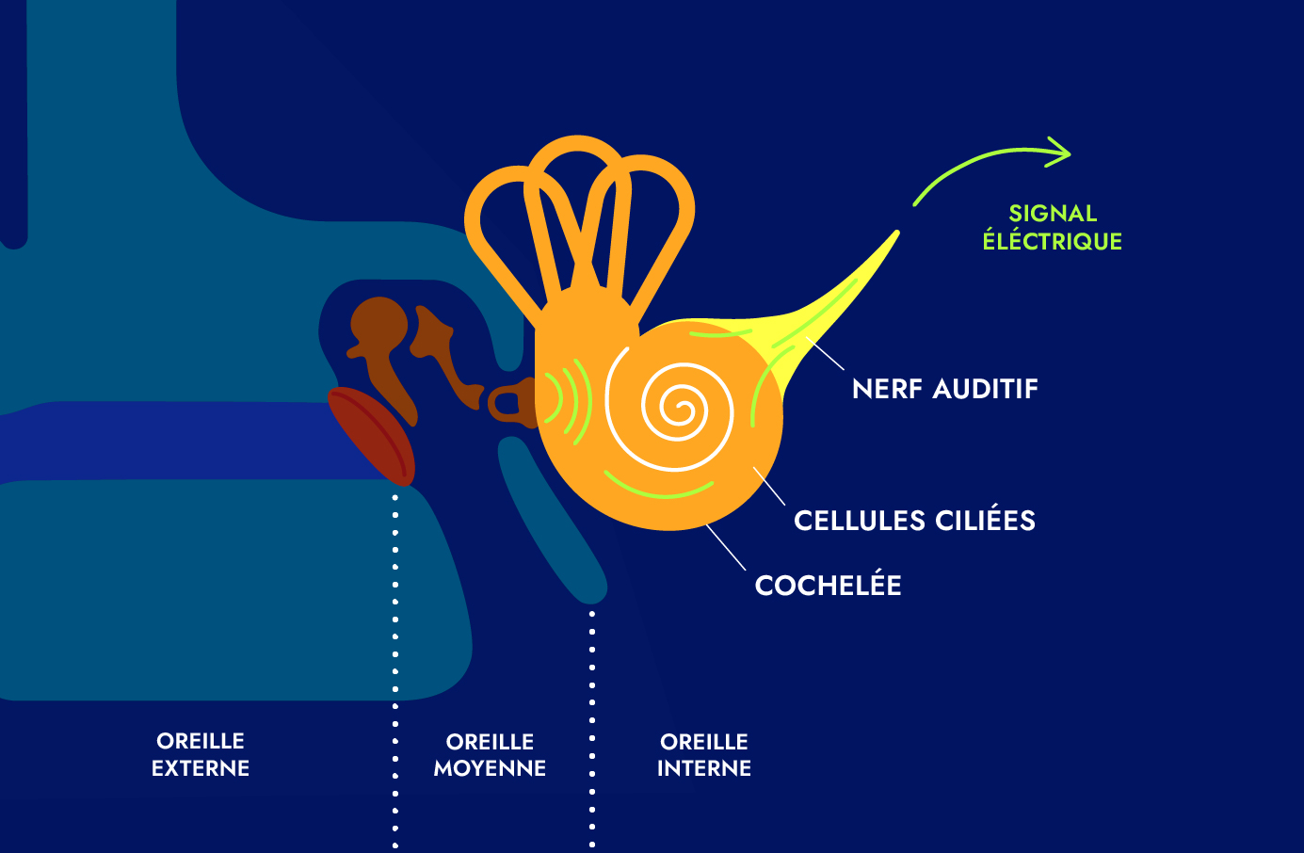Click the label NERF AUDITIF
[x=944, y=389]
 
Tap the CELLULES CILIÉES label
[x=914, y=521]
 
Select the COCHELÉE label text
[x=828, y=586]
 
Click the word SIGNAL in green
[x=1053, y=214]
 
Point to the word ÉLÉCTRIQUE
[x=1052, y=242]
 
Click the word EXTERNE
[x=201, y=768]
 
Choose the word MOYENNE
[x=490, y=768]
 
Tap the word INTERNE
[x=703, y=768]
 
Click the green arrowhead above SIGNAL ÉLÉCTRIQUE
[x=1062, y=152]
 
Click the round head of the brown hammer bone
[x=378, y=323]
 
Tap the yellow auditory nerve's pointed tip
[x=895, y=234]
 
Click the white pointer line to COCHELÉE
[x=725, y=547]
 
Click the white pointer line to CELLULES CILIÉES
[x=769, y=486]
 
